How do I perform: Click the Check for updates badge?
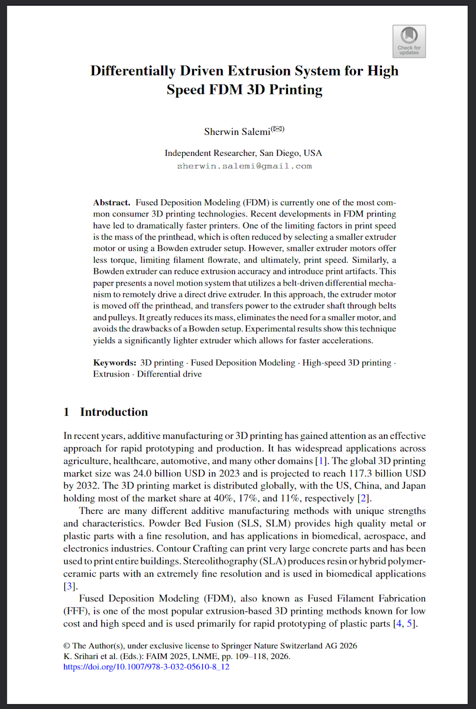coord(409,41)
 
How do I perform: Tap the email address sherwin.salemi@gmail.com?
coord(244,166)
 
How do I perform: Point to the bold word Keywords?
coord(114,362)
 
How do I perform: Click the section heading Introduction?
coord(114,412)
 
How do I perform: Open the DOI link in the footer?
coord(146,667)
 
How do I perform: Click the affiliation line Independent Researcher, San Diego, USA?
coord(243,153)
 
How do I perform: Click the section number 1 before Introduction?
coord(67,412)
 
